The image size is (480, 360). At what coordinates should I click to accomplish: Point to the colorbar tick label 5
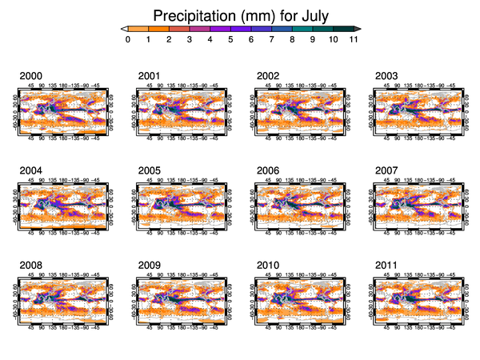[230, 40]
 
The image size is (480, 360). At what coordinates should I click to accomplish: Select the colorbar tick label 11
[353, 40]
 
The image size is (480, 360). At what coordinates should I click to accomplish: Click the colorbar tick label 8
[292, 40]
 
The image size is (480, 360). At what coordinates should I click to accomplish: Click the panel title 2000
[30, 76]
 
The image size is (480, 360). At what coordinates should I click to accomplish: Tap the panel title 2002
[267, 76]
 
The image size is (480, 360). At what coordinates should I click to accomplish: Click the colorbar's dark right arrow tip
[358, 28]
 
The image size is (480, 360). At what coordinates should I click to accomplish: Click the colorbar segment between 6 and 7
[261, 28]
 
